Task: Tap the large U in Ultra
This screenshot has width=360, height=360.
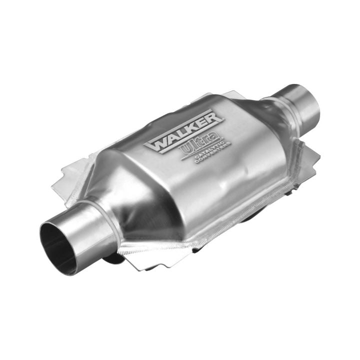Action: [187, 149]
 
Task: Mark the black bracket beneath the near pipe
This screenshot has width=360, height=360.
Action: [113, 257]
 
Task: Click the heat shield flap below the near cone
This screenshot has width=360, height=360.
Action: [150, 255]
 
